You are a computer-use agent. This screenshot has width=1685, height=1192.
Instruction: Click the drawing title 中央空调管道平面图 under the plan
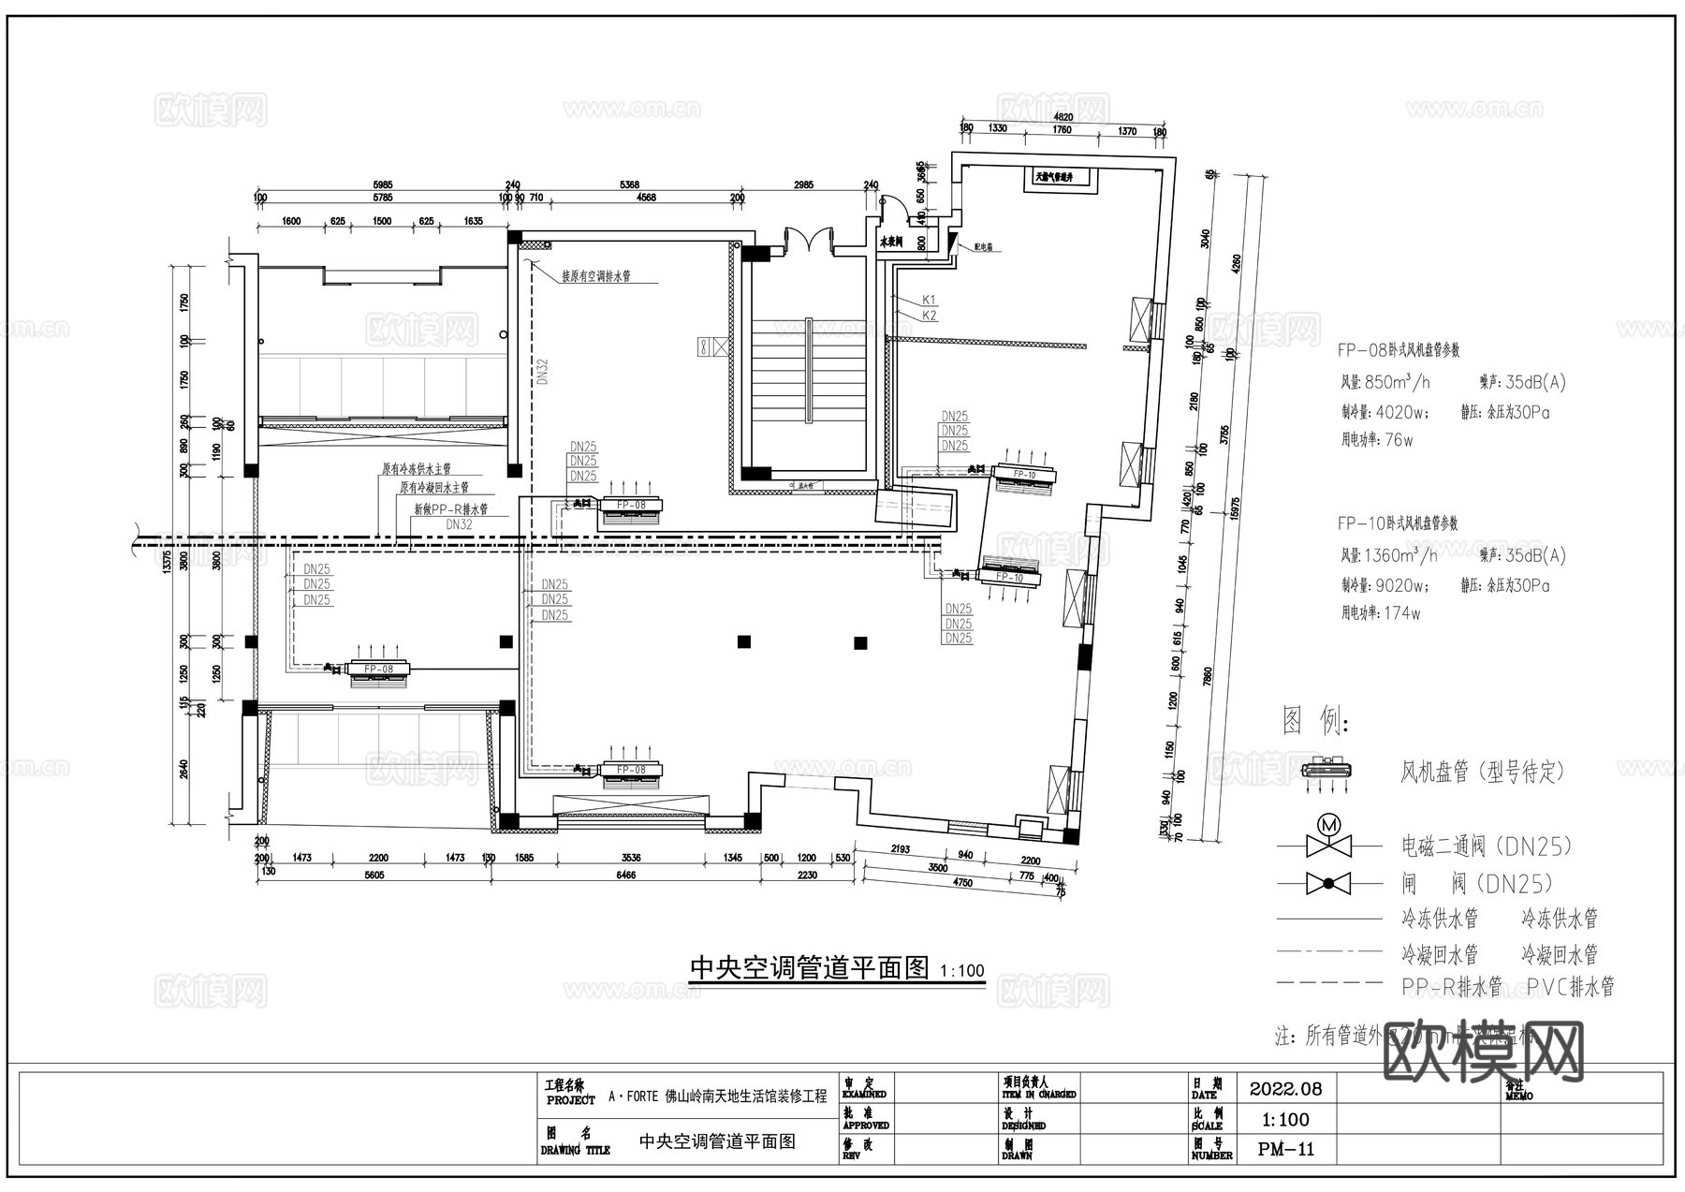pos(809,967)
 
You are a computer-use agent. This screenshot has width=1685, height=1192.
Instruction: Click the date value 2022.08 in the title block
pos(1285,1089)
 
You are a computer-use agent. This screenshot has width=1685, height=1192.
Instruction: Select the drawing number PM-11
pos(1286,1149)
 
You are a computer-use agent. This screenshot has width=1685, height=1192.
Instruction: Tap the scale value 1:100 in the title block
pos(1285,1119)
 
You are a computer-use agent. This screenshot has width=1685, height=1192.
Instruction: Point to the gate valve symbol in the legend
pos(1328,883)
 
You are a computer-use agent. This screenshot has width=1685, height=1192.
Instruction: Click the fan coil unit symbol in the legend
pos(1327,771)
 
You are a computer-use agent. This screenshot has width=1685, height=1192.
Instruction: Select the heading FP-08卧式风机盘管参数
pos(1398,350)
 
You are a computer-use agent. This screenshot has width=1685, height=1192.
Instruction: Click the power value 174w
pos(1402,613)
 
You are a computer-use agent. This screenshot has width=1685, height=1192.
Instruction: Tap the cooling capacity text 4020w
pos(1401,411)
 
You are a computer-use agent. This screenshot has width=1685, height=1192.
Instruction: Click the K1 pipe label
pos(929,300)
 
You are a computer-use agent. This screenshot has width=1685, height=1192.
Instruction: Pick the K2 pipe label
pos(929,316)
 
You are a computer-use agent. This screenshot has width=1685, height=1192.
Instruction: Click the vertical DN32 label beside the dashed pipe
pos(543,372)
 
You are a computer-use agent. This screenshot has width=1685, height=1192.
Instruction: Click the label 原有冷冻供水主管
pos(417,468)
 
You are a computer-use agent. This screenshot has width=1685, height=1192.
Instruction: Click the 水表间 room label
pos(890,242)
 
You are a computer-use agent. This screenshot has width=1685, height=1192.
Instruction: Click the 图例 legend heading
pos(1315,721)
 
